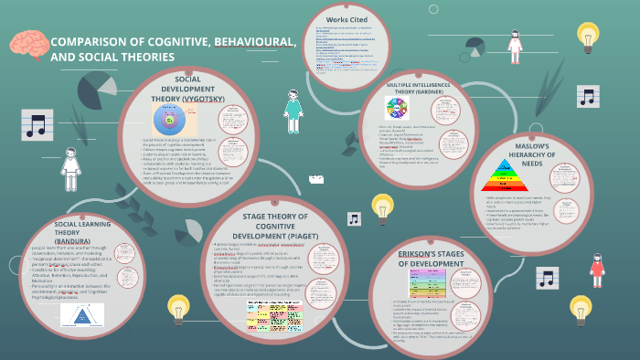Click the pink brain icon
point(28,46)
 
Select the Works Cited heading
point(345,19)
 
